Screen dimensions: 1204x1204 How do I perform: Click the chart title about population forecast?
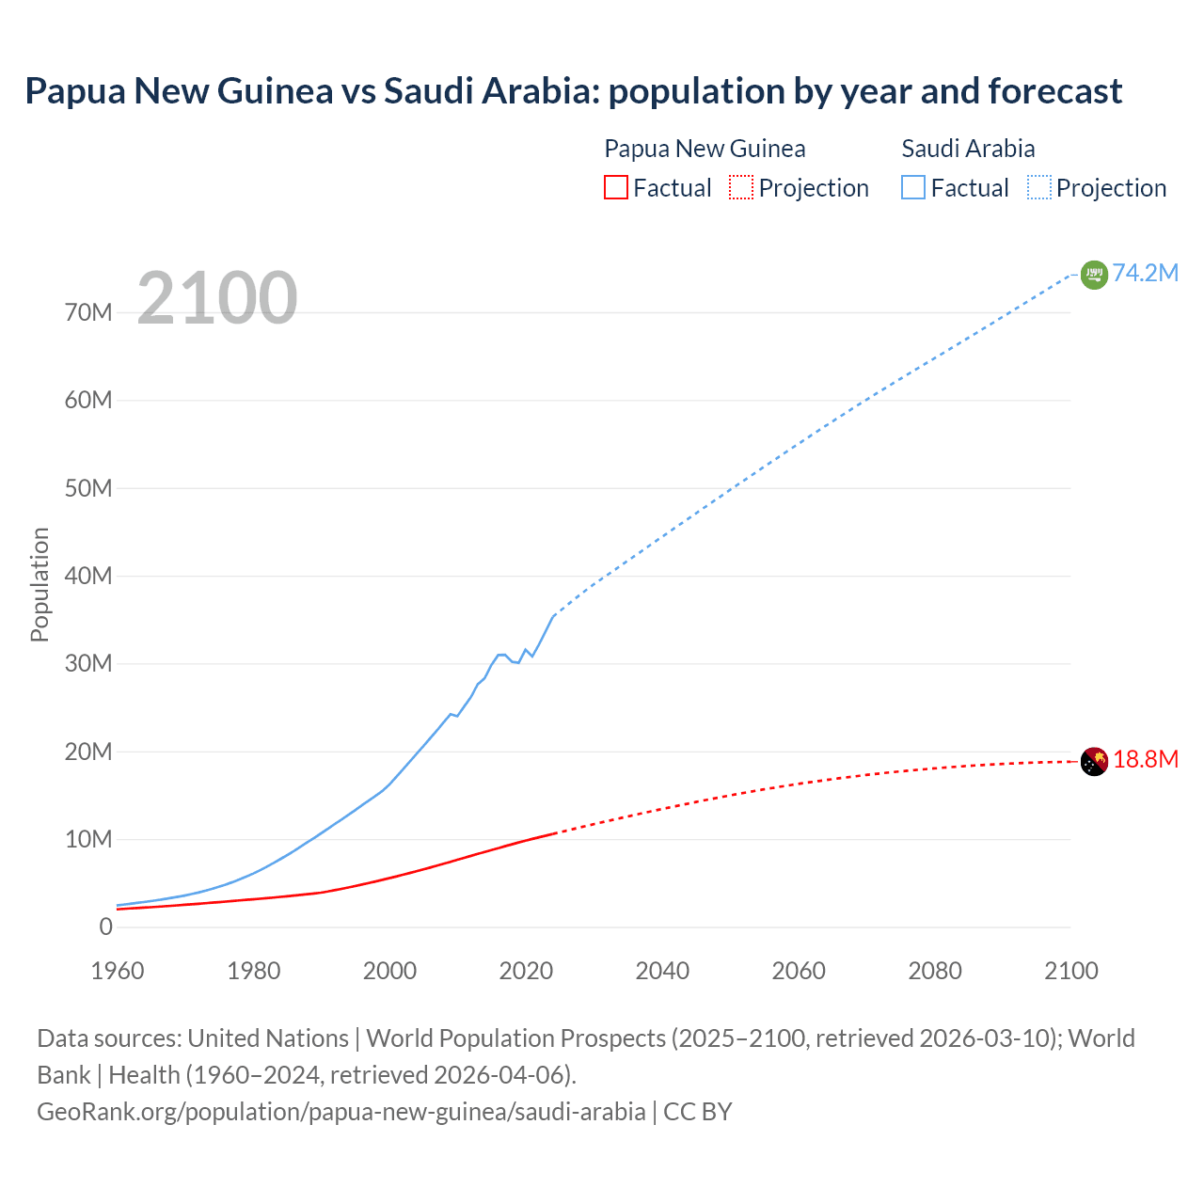[x=573, y=91]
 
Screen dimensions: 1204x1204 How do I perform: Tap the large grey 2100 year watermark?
[x=217, y=298]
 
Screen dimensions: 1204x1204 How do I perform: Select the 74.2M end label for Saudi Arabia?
[x=1145, y=273]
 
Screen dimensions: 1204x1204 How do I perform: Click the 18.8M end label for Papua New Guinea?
[x=1145, y=760]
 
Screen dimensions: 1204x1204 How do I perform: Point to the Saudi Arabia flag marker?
[x=1094, y=275]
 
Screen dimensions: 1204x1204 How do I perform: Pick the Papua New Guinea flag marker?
[x=1094, y=761]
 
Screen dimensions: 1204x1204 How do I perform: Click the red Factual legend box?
[x=616, y=187]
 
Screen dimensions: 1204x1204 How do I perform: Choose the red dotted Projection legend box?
[x=741, y=187]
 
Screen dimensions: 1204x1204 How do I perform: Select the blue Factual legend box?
[x=913, y=187]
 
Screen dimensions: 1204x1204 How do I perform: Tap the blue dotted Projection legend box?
[x=1039, y=187]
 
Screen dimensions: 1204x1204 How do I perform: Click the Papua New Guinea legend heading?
[x=705, y=149]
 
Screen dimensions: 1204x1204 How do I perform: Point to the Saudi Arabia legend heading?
[x=968, y=149]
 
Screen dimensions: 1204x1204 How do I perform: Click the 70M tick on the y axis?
[x=88, y=312]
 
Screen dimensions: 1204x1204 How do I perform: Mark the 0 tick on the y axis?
[x=105, y=927]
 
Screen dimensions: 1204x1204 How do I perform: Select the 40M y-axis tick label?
[x=88, y=576]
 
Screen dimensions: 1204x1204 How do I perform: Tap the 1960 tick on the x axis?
[x=118, y=971]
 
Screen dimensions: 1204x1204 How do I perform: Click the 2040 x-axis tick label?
[x=662, y=971]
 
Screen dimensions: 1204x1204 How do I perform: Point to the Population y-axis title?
[x=40, y=584]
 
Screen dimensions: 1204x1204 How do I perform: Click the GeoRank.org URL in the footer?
[x=341, y=1111]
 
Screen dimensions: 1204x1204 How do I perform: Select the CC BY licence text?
[x=698, y=1111]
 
